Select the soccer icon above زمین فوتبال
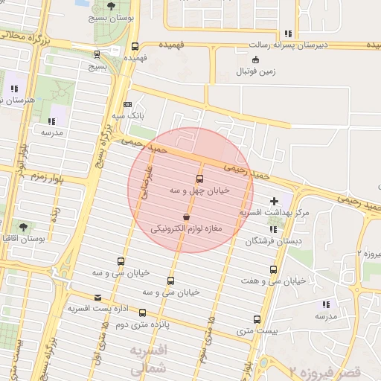tap(257, 60)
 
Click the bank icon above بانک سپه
tap(127, 104)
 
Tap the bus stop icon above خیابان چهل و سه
tap(199, 179)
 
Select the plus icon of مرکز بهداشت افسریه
tap(275, 201)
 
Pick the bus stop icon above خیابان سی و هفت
tap(273, 269)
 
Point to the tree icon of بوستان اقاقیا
tap(23, 226)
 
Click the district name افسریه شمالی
tap(150, 359)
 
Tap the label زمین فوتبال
tap(256, 71)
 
